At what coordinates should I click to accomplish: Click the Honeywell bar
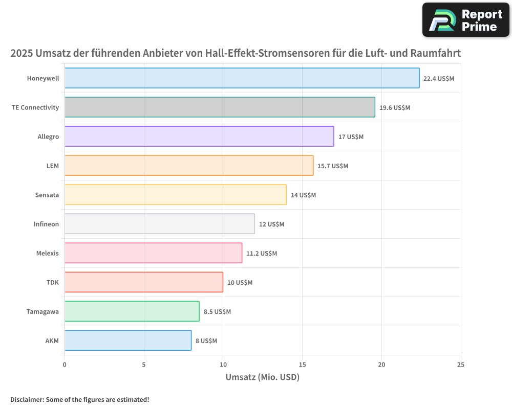tap(242, 78)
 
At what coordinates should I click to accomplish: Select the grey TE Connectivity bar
tap(220, 107)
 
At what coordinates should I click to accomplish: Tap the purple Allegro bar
tap(199, 137)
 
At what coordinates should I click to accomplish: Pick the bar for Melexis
tap(153, 253)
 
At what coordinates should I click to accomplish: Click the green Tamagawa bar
tap(132, 311)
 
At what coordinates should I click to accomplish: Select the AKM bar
tap(128, 340)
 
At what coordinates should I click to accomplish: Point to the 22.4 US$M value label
tap(439, 79)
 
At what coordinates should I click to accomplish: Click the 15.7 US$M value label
tap(333, 166)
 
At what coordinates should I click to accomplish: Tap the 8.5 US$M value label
tap(217, 312)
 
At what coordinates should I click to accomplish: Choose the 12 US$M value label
tap(271, 224)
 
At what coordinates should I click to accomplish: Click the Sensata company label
tap(47, 195)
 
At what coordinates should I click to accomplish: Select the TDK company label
tap(53, 282)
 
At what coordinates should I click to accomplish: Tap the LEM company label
tap(53, 166)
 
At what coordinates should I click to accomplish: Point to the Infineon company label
tap(46, 224)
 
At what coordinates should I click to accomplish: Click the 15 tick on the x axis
tap(302, 365)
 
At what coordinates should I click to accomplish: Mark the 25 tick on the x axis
tap(460, 365)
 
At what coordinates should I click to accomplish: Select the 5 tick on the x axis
tap(144, 365)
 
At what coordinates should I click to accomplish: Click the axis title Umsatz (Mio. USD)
tap(262, 377)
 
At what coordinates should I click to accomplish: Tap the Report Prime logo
tap(466, 20)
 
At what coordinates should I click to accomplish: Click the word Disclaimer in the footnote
tap(26, 399)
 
